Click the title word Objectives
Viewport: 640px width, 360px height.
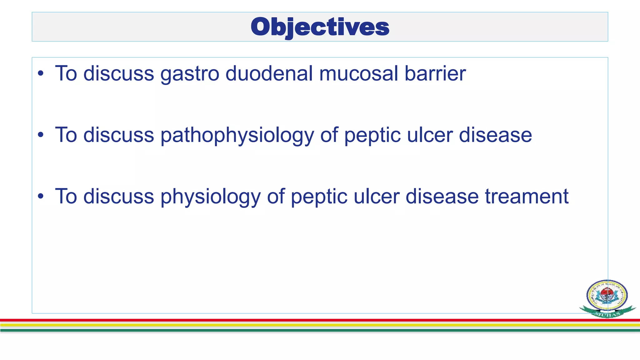[320, 27]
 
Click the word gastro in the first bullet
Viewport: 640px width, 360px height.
[190, 74]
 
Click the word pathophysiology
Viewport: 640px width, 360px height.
[237, 135]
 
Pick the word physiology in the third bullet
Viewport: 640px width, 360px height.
[211, 197]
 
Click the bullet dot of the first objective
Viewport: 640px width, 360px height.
[41, 74]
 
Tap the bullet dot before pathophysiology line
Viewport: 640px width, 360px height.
[41, 135]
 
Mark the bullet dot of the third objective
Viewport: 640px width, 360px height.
[41, 197]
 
